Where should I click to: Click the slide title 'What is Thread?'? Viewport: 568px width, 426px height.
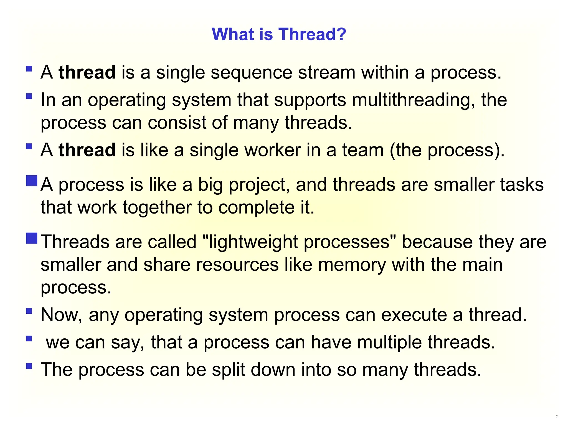point(279,34)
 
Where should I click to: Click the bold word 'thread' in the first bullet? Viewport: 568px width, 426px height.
point(87,72)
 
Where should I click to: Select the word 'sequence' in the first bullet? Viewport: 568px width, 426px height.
point(251,73)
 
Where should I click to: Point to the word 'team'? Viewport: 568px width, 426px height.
point(363,150)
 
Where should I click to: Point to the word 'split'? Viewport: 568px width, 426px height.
point(229,370)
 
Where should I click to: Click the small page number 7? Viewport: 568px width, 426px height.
point(557,417)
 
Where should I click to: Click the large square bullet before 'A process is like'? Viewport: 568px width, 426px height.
point(32,181)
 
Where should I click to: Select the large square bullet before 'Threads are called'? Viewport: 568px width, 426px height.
point(32,238)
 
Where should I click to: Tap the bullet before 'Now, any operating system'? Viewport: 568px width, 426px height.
point(29,311)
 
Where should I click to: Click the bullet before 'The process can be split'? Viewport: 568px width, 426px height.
point(29,366)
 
